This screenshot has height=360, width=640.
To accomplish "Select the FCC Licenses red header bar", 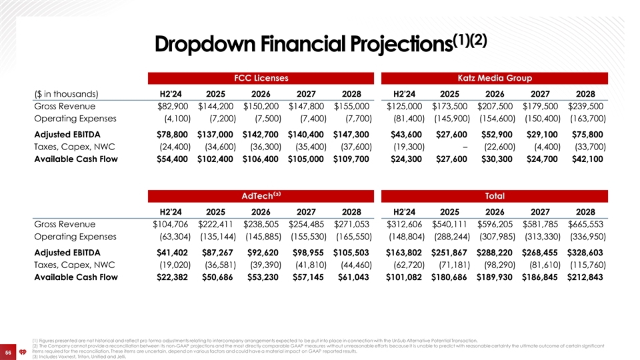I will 260,78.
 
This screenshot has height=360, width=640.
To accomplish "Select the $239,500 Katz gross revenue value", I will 586,106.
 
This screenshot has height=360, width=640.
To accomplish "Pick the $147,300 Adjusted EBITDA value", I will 351,133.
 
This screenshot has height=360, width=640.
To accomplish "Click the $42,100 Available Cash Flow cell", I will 586,159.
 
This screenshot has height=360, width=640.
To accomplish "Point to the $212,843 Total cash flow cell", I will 585,276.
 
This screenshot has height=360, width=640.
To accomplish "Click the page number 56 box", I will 9,351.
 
